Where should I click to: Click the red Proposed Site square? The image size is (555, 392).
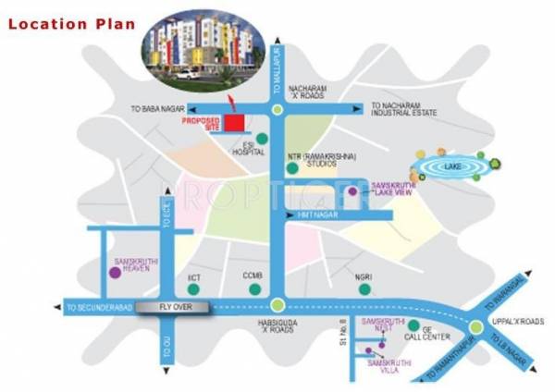(238, 122)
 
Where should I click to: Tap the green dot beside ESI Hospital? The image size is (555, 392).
(262, 139)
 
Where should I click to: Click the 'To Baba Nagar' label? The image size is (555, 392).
(156, 108)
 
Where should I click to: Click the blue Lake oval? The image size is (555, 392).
(451, 166)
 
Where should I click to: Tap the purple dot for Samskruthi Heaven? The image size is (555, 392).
(114, 273)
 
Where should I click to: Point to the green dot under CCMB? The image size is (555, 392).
(254, 288)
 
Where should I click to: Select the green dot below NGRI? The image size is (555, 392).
(364, 288)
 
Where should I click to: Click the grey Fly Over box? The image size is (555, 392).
(176, 306)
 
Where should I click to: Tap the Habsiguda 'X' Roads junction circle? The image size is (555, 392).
(277, 303)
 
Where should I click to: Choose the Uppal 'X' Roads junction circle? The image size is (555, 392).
(474, 327)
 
